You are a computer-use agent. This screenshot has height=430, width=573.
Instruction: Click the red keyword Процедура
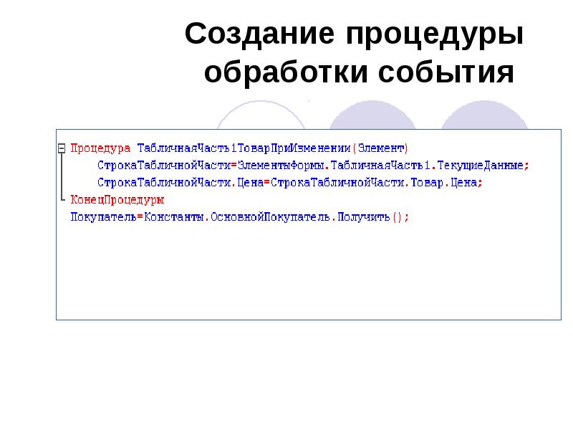click(100, 148)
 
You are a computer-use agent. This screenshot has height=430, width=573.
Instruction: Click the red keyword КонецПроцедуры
click(117, 200)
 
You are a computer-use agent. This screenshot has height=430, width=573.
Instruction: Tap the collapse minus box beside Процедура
click(62, 148)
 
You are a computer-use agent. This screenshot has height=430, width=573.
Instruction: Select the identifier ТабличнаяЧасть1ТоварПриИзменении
click(244, 148)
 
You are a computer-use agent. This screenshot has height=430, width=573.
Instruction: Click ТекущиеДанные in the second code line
click(488, 166)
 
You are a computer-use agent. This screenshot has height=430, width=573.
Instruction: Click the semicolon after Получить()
click(408, 217)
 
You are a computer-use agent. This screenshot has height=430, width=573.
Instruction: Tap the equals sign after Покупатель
click(139, 217)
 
